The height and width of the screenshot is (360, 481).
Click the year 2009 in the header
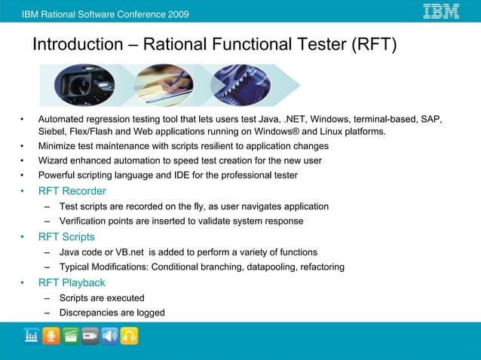(x=177, y=14)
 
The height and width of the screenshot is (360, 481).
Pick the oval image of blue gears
(x=240, y=86)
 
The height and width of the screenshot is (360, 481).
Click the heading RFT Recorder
(x=72, y=191)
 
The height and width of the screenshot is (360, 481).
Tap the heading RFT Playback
(x=72, y=283)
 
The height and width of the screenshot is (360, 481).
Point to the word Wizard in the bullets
(x=54, y=160)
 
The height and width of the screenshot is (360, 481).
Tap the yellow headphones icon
(x=130, y=336)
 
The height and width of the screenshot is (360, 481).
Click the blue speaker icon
(x=110, y=336)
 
